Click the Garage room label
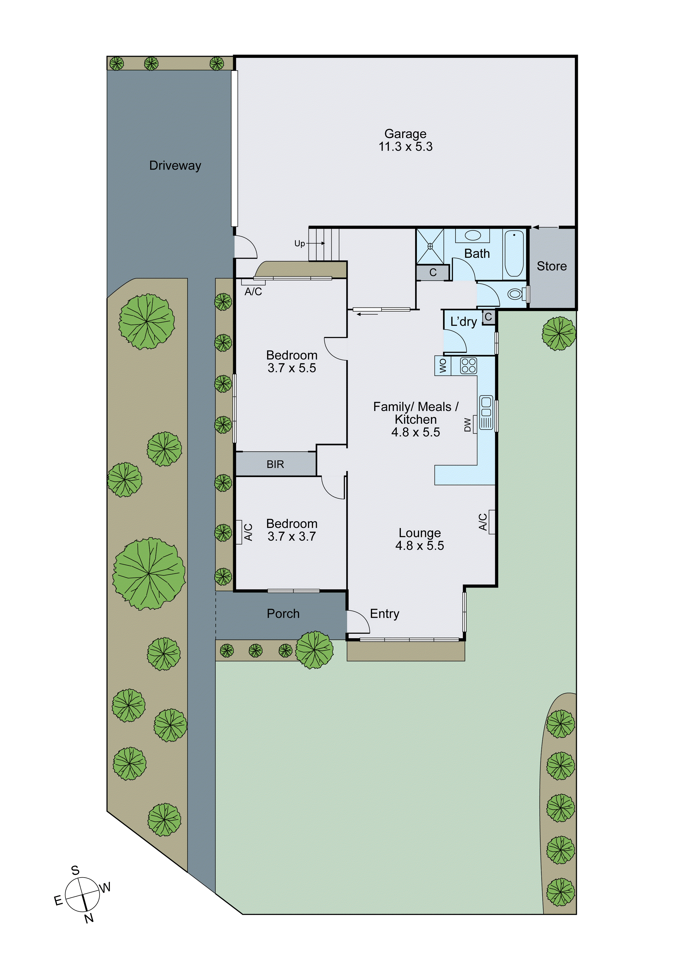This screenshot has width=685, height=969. [405, 134]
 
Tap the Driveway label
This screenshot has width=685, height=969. [175, 165]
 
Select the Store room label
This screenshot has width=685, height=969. [551, 266]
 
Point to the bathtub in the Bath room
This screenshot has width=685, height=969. [514, 253]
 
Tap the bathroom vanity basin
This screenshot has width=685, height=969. [472, 236]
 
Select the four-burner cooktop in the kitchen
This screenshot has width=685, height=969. [468, 365]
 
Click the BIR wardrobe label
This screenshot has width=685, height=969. [275, 464]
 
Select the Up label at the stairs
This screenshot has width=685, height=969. [299, 244]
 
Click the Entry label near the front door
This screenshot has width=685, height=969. [384, 614]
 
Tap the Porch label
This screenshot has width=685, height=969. [283, 614]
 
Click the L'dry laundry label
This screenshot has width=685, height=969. [463, 322]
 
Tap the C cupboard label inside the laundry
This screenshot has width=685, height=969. [488, 317]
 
